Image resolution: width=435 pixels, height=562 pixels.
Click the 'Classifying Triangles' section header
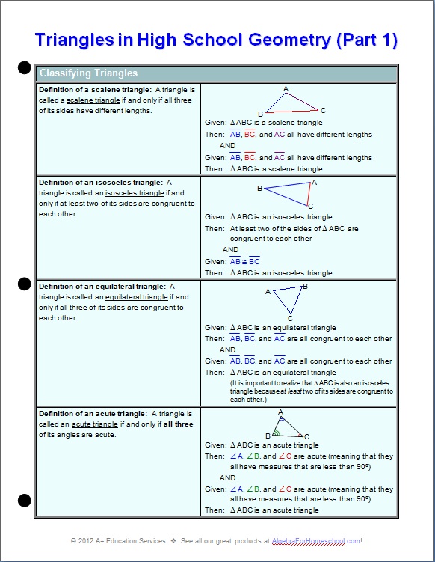pyautogui.click(x=88, y=73)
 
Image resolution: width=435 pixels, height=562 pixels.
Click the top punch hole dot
pyautogui.click(x=25, y=70)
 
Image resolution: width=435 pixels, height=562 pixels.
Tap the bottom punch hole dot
pyautogui.click(x=25, y=500)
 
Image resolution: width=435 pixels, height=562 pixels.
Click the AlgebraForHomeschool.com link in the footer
pyautogui.click(x=328, y=541)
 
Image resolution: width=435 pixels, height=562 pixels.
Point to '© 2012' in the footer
pyautogui.click(x=81, y=541)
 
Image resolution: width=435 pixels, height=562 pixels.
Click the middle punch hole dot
pyautogui.click(x=25, y=284)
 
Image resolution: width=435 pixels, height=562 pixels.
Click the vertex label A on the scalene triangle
pyautogui.click(x=286, y=89)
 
